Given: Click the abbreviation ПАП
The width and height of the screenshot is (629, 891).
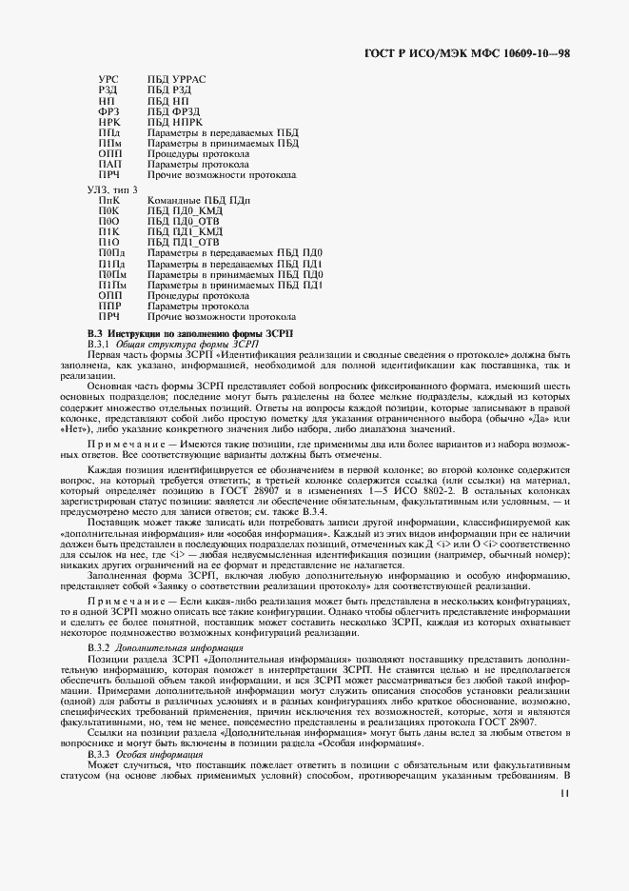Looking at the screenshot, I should tap(109, 165).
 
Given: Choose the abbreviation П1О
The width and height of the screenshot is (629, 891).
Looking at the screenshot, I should tap(109, 242).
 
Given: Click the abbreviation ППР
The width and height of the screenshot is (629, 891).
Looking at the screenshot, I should tap(109, 306).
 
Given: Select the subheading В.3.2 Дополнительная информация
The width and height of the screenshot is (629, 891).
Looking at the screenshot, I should tap(158, 647).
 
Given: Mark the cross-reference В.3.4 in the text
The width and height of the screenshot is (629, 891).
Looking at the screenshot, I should tap(349, 509).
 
